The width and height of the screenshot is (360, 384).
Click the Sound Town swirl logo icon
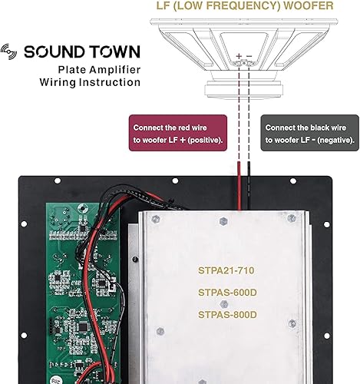[x=12, y=52]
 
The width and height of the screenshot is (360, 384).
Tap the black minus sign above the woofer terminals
[x=249, y=55]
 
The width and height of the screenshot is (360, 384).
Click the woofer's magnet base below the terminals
[x=244, y=75]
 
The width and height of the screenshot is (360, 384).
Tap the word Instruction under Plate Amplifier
[x=110, y=82]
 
